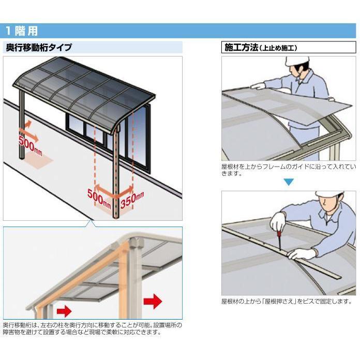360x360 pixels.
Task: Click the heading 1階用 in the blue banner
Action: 22,31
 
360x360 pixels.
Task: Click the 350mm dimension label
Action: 132,199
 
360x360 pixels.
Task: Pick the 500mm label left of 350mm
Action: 99,197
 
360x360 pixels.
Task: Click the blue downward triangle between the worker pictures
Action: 289,182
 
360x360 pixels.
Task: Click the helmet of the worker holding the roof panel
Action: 296,64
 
